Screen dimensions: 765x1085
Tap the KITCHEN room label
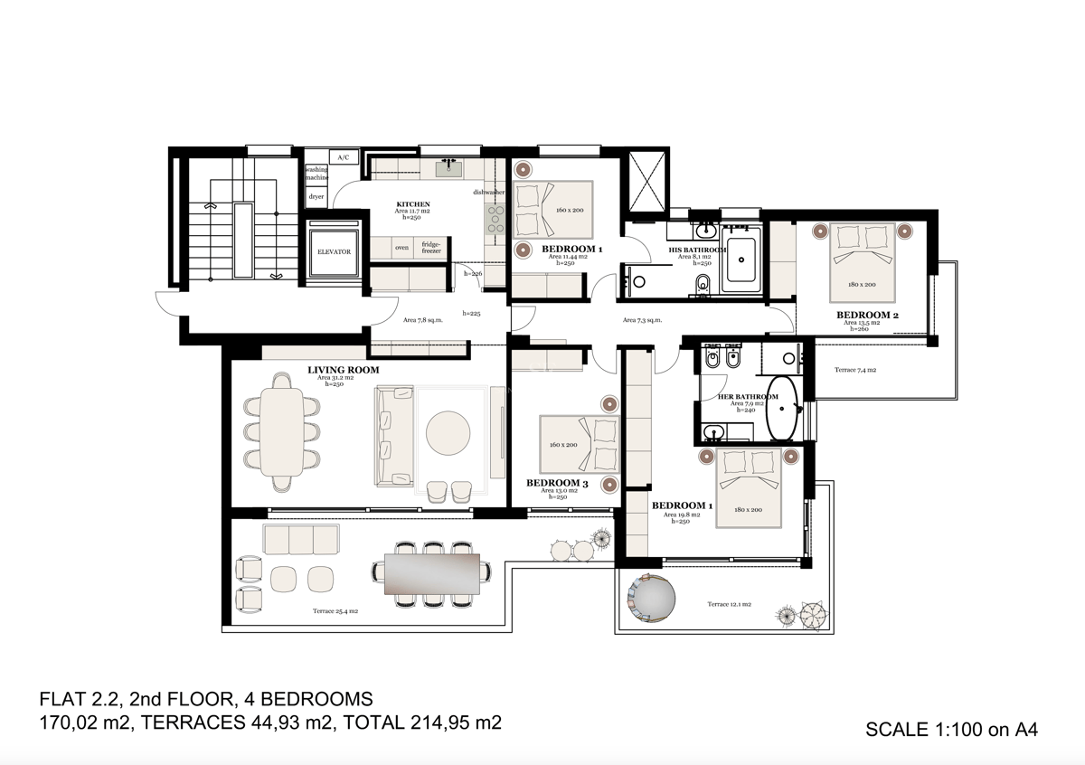[x=413, y=204]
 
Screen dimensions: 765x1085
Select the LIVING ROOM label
[x=343, y=370]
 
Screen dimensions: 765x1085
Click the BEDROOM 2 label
[x=867, y=316]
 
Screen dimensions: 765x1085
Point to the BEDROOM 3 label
[x=557, y=483]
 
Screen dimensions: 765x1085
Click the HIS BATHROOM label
[x=697, y=250]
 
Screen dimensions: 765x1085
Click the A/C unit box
[x=343, y=157]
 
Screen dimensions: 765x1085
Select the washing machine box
[x=316, y=174]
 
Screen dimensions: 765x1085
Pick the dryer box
[x=316, y=196]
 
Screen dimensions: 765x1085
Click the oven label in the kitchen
[x=401, y=247]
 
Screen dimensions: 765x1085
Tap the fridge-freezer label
[x=431, y=247]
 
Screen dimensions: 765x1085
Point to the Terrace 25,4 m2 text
[x=335, y=611]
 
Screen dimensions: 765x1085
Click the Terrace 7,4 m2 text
[x=854, y=370]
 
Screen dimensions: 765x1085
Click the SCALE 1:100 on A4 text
[x=950, y=729]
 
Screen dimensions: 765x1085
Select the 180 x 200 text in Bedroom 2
[x=863, y=284]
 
